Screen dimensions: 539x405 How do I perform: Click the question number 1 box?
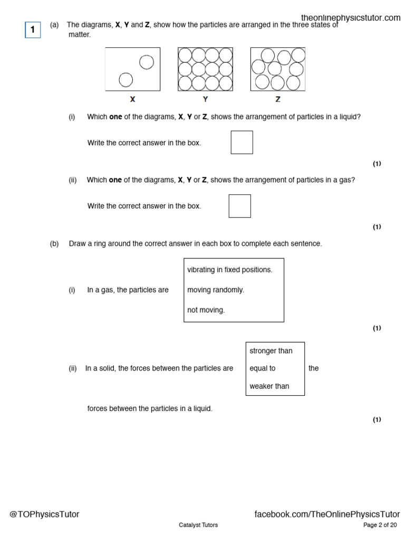[33, 30]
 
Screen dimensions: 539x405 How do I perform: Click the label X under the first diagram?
[132, 99]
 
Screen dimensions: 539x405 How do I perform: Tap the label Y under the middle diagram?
[205, 99]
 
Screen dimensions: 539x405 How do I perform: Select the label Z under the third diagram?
[278, 99]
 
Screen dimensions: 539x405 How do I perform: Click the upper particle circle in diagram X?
[147, 62]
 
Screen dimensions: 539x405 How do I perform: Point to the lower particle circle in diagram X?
[126, 79]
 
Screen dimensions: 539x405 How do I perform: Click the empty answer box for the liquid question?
[242, 142]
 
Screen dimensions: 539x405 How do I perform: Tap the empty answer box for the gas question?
[239, 206]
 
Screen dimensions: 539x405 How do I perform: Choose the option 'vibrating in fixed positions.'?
[230, 269]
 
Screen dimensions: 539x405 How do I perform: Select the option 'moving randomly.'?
[216, 290]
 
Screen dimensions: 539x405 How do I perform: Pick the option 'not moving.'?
[206, 310]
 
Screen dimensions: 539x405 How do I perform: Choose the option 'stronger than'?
[271, 351]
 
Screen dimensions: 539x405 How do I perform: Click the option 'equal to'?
[263, 368]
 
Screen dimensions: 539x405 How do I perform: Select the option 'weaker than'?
[269, 386]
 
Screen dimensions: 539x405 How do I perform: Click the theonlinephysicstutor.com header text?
[351, 18]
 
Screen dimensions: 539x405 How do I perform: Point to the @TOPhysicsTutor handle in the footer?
[44, 514]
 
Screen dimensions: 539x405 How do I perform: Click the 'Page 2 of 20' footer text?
[380, 525]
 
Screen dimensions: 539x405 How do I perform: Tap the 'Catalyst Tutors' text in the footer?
[198, 525]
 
